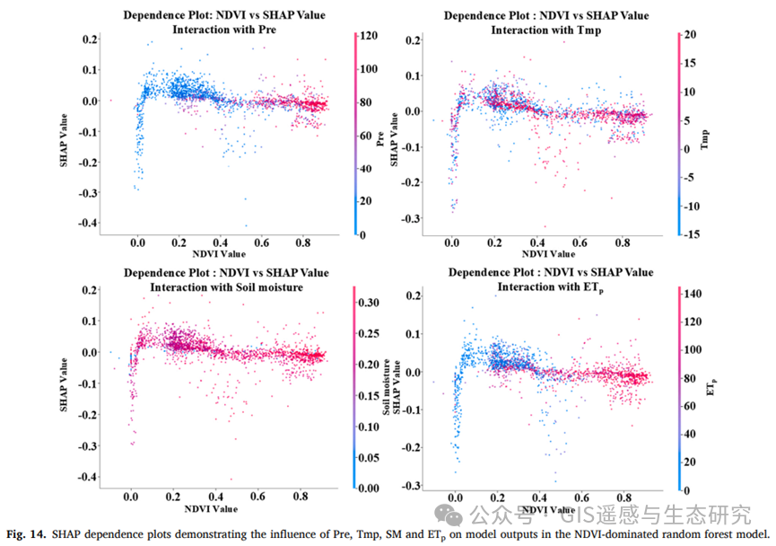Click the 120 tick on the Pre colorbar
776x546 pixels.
[x=366, y=37]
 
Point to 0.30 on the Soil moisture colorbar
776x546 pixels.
[x=371, y=304]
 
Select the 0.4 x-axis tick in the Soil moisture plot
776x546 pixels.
[x=215, y=495]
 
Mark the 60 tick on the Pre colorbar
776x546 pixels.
[x=366, y=136]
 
